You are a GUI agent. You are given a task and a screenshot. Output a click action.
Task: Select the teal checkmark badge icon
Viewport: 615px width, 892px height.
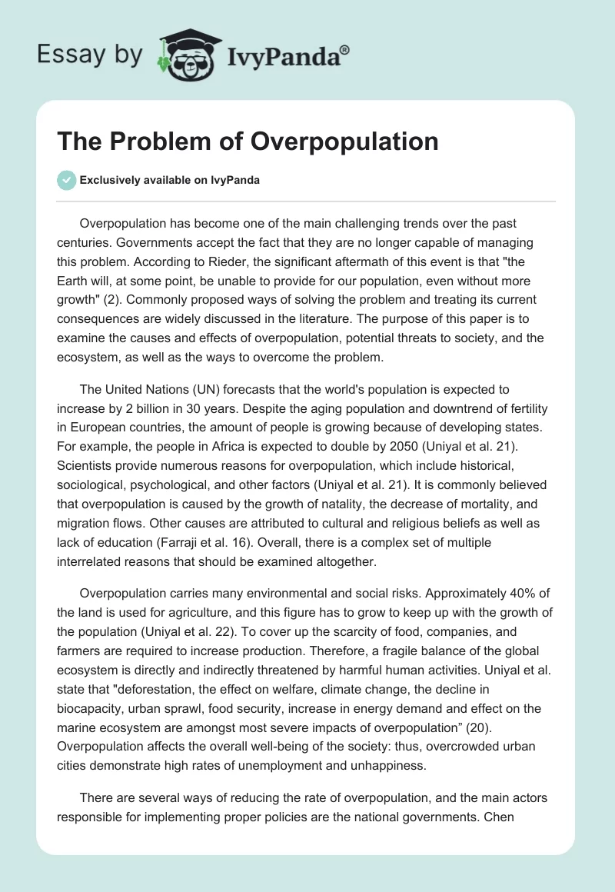coord(66,180)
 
